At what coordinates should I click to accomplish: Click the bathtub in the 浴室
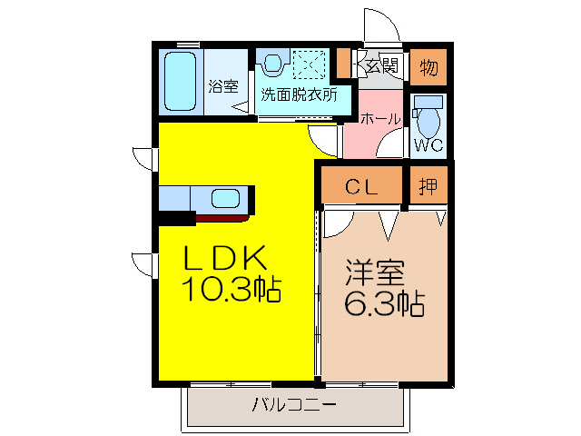182,82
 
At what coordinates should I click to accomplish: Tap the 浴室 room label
222,86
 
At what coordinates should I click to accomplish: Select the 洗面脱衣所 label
299,94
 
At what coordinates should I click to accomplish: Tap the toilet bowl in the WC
429,118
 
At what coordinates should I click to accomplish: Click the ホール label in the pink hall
379,119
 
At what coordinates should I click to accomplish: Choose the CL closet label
361,187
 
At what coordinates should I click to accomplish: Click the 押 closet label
428,187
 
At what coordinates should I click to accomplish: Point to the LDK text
225,259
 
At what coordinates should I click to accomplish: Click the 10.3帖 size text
231,291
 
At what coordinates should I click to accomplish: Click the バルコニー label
294,404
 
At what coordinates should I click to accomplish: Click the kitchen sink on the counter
223,198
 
